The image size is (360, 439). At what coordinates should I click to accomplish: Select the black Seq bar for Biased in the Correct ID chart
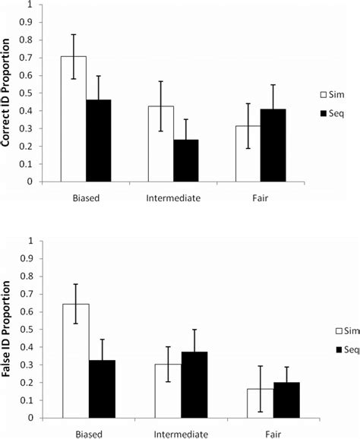(x=99, y=144)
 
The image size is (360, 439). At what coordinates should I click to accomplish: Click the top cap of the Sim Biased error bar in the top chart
(x=74, y=34)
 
